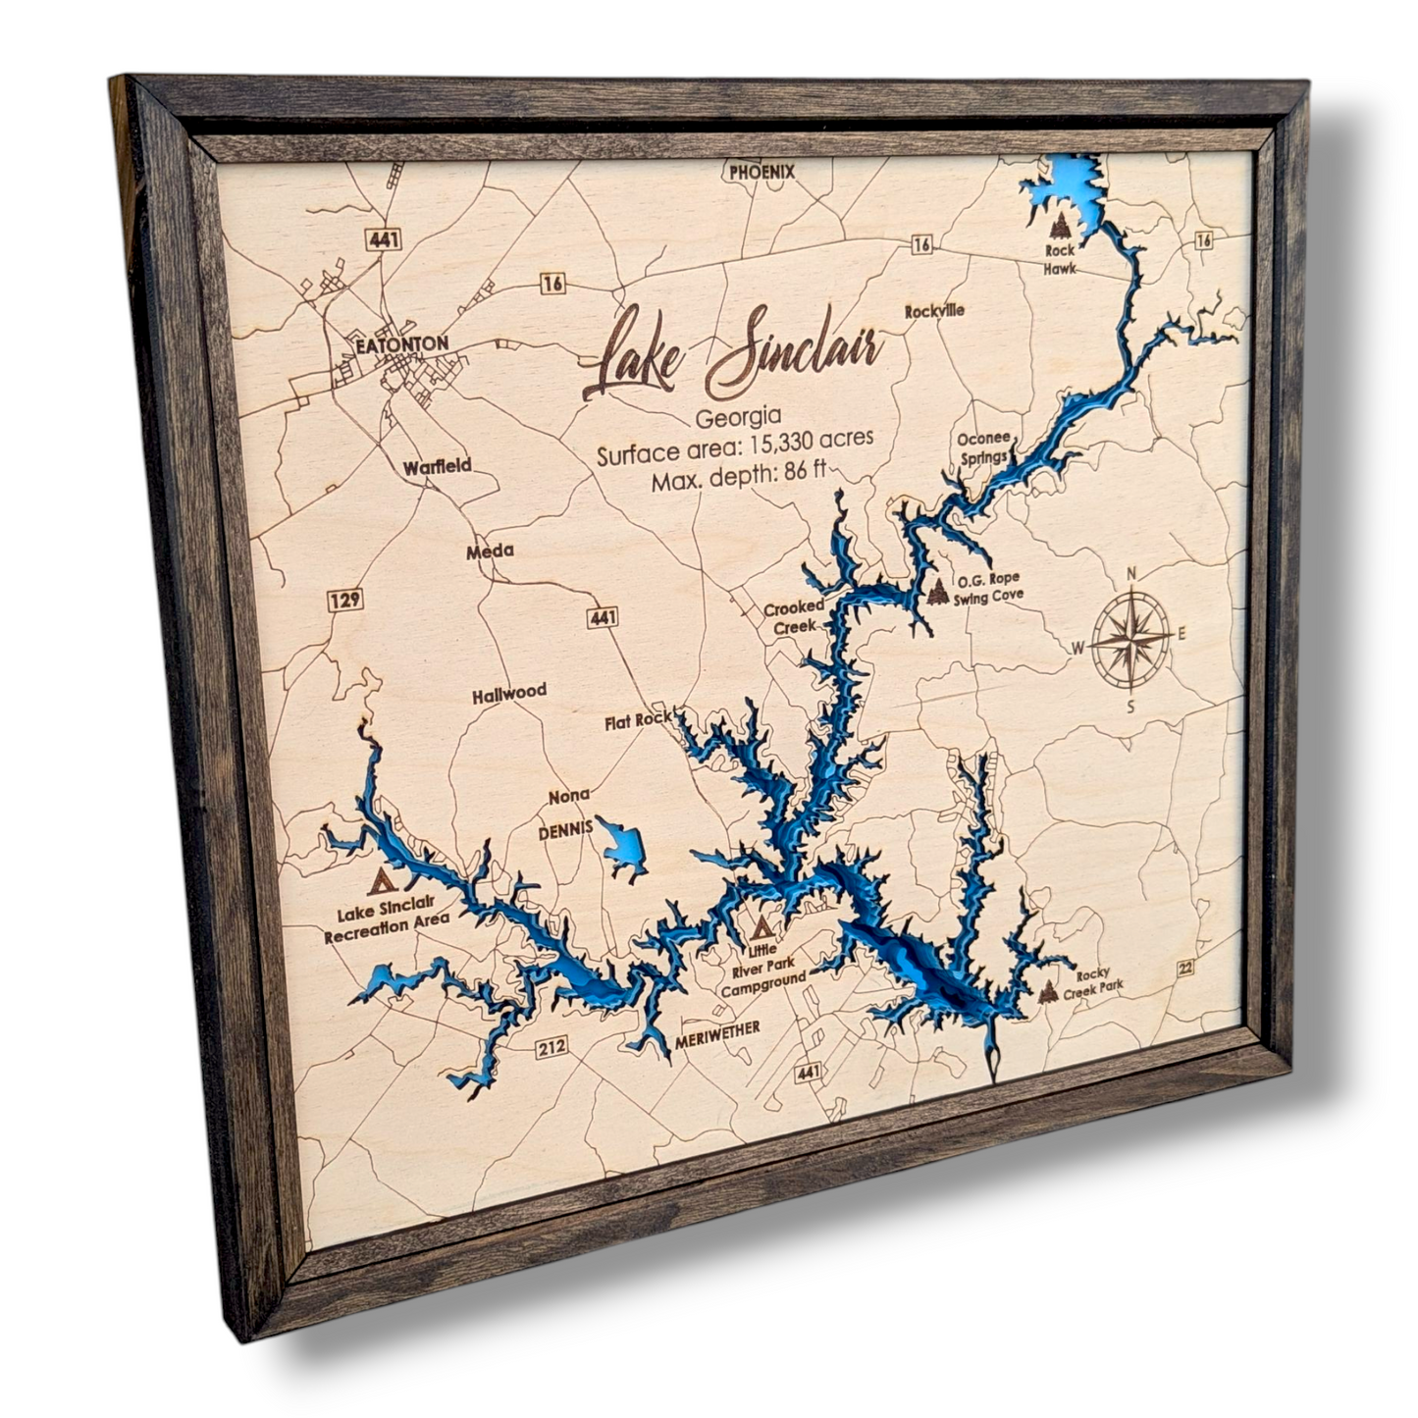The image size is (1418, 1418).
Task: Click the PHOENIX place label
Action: point(762,172)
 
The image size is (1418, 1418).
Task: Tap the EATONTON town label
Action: point(402,344)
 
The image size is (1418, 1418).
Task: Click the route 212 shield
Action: point(551,1048)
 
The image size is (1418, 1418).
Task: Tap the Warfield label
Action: point(437,466)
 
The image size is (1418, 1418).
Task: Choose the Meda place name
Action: point(490,551)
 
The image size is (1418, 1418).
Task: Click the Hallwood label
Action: point(508,694)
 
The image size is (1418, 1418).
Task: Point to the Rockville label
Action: point(934,311)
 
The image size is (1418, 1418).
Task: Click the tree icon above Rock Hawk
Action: point(1060,228)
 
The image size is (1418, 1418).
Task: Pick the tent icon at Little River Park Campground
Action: point(762,925)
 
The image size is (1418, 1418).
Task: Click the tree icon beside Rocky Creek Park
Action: point(1048,992)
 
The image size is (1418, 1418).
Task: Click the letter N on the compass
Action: point(1130,574)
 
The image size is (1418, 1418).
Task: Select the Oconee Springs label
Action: point(983,447)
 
